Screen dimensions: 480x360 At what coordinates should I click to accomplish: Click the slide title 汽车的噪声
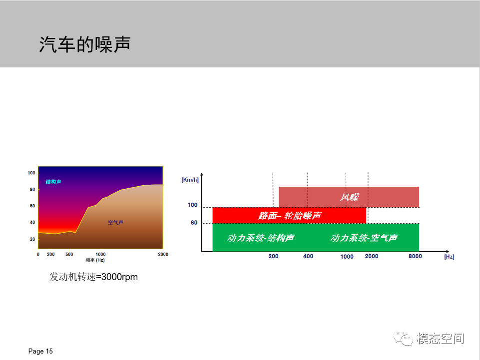[x=85, y=44]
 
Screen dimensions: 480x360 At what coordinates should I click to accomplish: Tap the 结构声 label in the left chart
[x=53, y=182]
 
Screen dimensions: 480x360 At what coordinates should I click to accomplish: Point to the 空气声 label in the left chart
[x=115, y=222]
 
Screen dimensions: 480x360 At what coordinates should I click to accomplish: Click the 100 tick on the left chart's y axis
[x=31, y=173]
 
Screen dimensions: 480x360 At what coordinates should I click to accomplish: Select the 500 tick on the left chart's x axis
[x=69, y=254]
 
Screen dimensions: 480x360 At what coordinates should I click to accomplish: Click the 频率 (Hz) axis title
[x=95, y=260]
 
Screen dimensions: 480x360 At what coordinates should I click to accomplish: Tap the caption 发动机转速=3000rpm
[x=94, y=277]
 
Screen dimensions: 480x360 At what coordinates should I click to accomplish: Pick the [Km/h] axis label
[x=190, y=180]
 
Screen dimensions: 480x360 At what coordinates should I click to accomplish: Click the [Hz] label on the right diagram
[x=449, y=257]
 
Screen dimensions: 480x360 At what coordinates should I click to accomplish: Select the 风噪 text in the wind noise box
[x=349, y=197]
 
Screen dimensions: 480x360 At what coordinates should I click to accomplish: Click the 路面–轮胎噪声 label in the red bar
[x=289, y=216]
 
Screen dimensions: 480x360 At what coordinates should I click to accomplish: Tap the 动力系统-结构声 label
[x=261, y=238]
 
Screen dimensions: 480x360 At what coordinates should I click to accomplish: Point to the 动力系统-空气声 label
[x=364, y=238]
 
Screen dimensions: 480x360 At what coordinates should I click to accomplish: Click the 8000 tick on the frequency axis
[x=415, y=256]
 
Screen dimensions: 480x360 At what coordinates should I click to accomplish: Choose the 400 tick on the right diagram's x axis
[x=308, y=256]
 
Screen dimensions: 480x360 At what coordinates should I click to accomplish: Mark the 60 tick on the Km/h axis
[x=194, y=223]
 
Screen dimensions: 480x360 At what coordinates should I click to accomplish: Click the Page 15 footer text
[x=40, y=351]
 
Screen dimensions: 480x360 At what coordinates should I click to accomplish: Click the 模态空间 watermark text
[x=440, y=339]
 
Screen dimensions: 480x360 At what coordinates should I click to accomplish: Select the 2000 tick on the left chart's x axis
[x=163, y=254]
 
